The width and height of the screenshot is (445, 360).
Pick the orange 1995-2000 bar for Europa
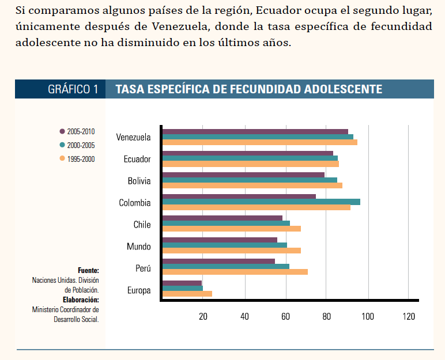point(187,294)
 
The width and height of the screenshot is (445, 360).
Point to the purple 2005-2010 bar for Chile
point(223,218)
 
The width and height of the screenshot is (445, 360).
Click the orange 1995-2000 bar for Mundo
point(231,250)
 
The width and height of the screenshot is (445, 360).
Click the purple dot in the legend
point(62,131)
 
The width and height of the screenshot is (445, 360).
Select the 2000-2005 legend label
point(81,146)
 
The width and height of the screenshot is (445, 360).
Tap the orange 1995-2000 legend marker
point(62,159)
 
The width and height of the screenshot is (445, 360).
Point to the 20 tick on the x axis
point(203,316)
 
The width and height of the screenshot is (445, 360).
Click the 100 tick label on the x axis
point(367,316)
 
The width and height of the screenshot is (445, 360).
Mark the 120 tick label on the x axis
point(408,316)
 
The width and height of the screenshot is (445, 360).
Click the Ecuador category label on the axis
point(137,159)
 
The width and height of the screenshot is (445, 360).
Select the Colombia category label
point(135,203)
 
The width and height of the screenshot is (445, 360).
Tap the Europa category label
point(139,290)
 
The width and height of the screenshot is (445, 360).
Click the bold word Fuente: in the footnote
point(88,270)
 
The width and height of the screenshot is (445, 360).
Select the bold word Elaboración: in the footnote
point(81,300)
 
